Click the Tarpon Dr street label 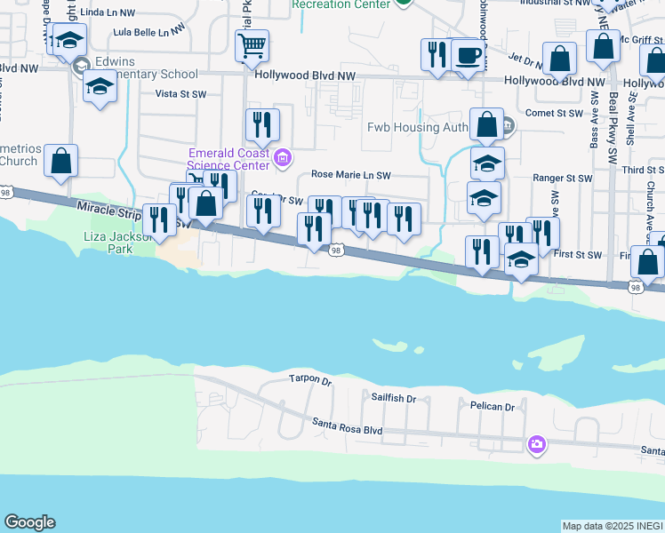click(x=309, y=380)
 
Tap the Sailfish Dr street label click(x=394, y=399)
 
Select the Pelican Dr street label click(x=493, y=406)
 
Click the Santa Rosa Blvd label click(x=347, y=428)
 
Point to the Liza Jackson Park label click(x=120, y=243)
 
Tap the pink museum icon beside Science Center click(x=284, y=159)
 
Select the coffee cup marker click(x=468, y=56)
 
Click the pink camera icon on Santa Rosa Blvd click(x=536, y=444)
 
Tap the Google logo click(x=29, y=522)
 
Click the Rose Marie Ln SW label click(x=350, y=176)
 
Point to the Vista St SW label click(x=180, y=92)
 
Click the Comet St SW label click(x=553, y=113)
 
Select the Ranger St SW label click(x=562, y=179)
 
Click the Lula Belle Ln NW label click(x=148, y=33)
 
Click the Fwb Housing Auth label click(x=418, y=126)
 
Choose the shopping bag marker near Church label click(x=61, y=161)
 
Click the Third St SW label click(x=645, y=169)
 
